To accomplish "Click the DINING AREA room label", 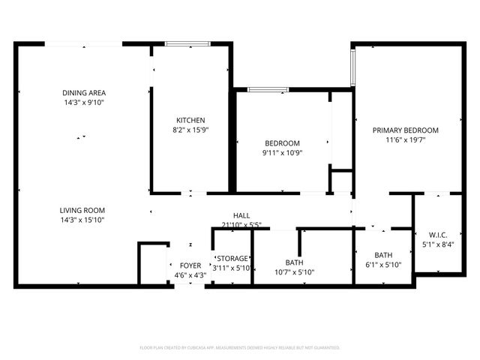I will click(x=82, y=93).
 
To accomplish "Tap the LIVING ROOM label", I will click(x=82, y=210).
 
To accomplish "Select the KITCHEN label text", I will click(x=190, y=120).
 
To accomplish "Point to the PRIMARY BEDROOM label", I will click(x=406, y=130).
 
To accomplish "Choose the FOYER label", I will click(x=190, y=265).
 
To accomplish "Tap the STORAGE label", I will click(x=232, y=258).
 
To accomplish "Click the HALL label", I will click(x=241, y=215).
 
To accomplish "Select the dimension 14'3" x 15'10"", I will click(x=82, y=220).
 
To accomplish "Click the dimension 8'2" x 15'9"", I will click(x=190, y=130).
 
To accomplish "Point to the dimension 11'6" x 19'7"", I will click(x=406, y=139).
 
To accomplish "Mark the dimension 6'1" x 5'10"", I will click(x=383, y=264).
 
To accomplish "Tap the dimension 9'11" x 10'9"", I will click(x=282, y=153).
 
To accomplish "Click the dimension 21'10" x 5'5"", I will click(x=241, y=224).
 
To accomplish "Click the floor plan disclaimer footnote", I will click(x=240, y=348).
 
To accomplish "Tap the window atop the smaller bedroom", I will click(x=268, y=90).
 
